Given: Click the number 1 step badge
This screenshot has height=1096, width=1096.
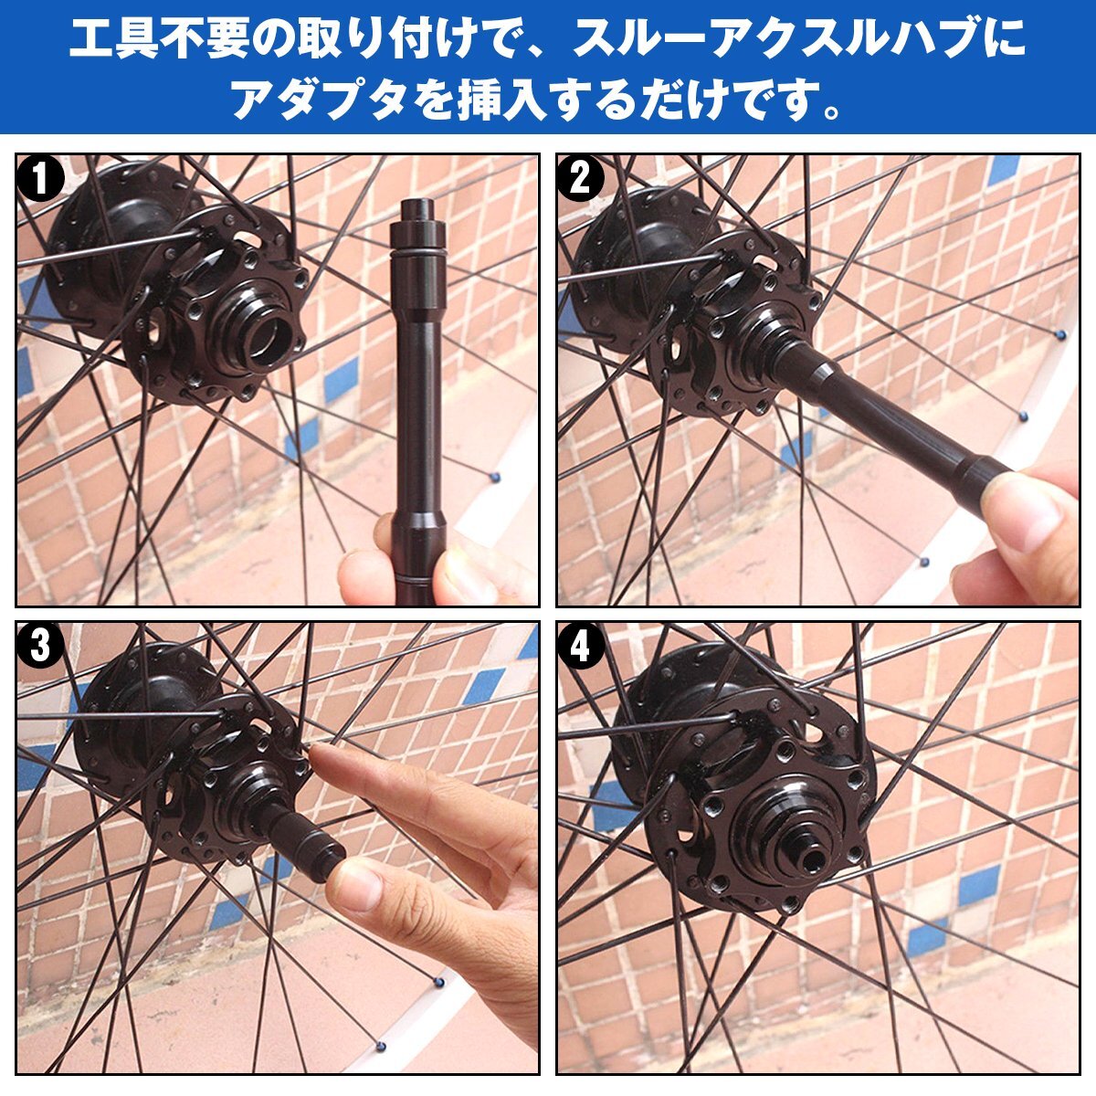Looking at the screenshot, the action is click(x=40, y=179).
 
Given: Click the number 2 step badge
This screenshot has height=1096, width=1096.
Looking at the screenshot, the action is click(x=580, y=179).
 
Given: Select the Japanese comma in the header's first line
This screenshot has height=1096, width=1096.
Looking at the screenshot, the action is click(x=537, y=54).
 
